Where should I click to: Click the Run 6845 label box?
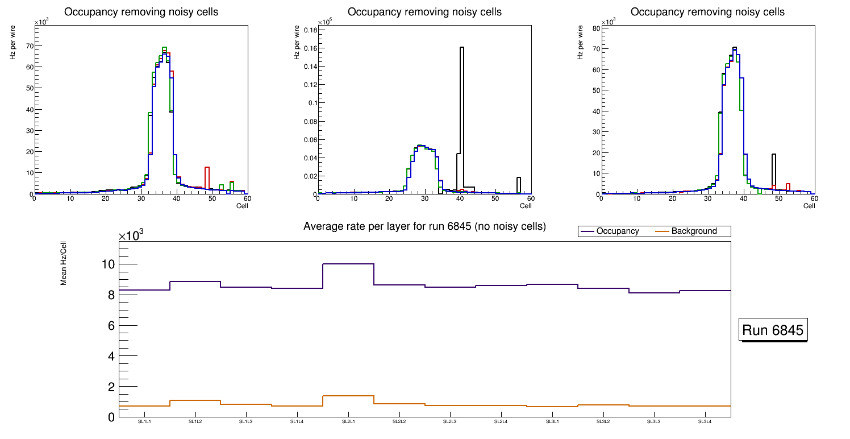pyautogui.click(x=773, y=330)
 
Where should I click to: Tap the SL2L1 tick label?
pyautogui.click(x=348, y=421)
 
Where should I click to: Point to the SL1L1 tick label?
pyautogui.click(x=144, y=421)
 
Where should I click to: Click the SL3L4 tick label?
pyautogui.click(x=705, y=421)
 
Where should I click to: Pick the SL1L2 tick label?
pyautogui.click(x=195, y=421)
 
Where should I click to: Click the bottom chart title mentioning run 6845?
pyautogui.click(x=424, y=226)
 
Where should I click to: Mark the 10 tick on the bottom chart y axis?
pyautogui.click(x=108, y=264)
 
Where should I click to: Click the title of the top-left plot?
pyautogui.click(x=141, y=12)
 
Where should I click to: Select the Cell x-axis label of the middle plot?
pyautogui.click(x=526, y=205)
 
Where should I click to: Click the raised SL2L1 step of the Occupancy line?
pyautogui.click(x=348, y=264)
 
